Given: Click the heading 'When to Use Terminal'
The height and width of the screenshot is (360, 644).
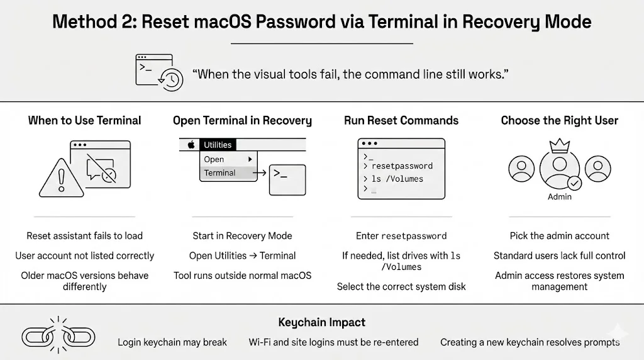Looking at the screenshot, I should click(84, 120).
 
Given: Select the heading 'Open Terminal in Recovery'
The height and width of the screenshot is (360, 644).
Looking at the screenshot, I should click(242, 120).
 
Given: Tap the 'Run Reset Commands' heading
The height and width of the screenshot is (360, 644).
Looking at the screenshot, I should click(401, 120).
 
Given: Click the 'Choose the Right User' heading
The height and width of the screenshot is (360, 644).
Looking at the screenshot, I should click(559, 120).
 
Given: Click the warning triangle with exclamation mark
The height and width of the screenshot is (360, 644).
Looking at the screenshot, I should click(62, 179).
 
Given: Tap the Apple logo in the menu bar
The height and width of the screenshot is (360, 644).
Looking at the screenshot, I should click(191, 145).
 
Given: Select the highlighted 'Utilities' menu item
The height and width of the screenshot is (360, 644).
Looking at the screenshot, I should click(218, 145).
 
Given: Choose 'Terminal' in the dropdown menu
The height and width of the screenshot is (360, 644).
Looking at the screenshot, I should click(219, 173).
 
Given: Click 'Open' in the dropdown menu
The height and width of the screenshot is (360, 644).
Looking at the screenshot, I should click(214, 159).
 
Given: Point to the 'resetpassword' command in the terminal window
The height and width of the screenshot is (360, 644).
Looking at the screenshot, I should click(402, 166).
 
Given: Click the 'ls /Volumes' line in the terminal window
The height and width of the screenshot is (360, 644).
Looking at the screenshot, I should click(397, 179).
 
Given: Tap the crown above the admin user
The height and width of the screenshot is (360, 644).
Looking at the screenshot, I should click(559, 147).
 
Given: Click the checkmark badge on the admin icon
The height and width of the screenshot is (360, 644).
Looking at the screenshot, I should click(574, 183).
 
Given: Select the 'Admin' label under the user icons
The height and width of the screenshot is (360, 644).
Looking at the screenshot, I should click(559, 197).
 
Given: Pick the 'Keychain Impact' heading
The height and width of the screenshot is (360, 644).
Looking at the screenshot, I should click(321, 322).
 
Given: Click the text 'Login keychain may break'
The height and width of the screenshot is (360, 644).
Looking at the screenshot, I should click(172, 342).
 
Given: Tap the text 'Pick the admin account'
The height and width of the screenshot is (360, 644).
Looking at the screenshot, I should click(559, 236).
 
